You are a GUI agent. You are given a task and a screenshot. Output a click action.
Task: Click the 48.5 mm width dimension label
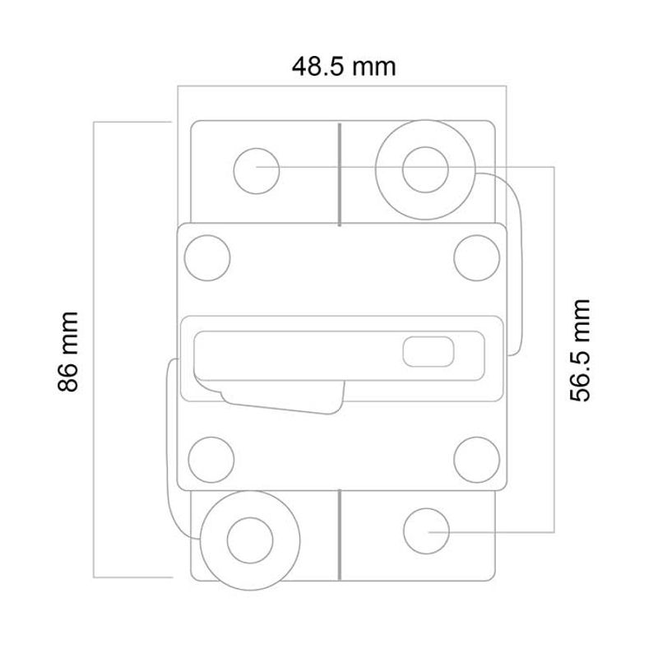344,66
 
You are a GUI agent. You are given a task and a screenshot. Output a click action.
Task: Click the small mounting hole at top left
256,171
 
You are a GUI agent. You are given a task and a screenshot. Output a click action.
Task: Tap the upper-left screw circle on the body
207,256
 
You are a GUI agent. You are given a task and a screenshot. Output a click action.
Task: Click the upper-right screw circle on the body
476,256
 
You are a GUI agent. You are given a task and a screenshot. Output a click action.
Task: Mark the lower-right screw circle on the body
476,457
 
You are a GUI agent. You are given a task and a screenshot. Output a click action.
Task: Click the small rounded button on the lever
429,352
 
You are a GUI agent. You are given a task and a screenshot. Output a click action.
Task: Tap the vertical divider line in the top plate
340,173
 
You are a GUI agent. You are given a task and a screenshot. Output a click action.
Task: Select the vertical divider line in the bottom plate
340,535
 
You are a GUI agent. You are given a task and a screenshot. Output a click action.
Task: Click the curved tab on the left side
172,444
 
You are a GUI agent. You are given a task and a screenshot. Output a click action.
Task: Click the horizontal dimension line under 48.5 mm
342,85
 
